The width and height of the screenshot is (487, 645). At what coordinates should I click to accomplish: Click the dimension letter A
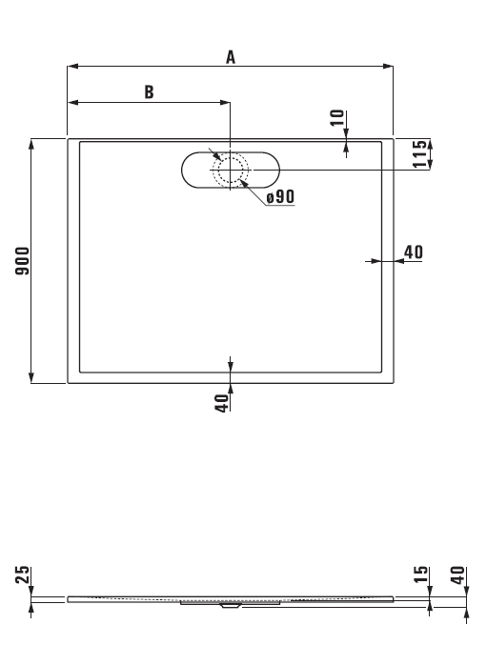[x=231, y=57]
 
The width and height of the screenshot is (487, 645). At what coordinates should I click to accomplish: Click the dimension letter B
[x=149, y=92]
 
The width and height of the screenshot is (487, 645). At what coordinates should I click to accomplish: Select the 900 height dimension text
[x=22, y=261]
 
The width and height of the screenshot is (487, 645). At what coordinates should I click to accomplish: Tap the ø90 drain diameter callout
[x=280, y=196]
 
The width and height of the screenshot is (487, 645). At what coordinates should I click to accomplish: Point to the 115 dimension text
[x=420, y=153]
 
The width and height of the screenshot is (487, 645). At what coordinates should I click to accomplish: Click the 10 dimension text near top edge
[x=336, y=117]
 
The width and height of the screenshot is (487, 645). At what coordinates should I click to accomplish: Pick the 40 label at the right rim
[x=414, y=252]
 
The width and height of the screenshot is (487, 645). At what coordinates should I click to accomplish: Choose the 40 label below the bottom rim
[x=221, y=403]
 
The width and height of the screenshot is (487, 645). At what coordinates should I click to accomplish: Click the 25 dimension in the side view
[x=22, y=574]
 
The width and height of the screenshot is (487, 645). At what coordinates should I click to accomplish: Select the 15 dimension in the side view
[x=420, y=574]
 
